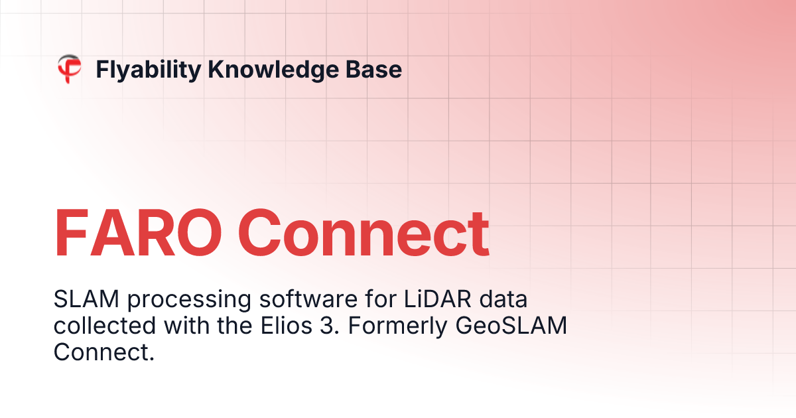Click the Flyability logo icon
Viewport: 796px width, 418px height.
(x=69, y=69)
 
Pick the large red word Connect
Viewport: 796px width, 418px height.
(x=364, y=234)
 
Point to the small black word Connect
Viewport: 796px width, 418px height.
(x=103, y=352)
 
